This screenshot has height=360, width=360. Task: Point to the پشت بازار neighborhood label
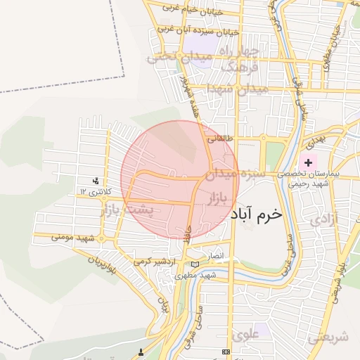pyautogui.click(x=131, y=210)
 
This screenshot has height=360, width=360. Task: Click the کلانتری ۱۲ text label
pyautogui.click(x=93, y=191)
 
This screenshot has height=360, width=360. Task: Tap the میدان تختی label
pyautogui.click(x=169, y=56)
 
